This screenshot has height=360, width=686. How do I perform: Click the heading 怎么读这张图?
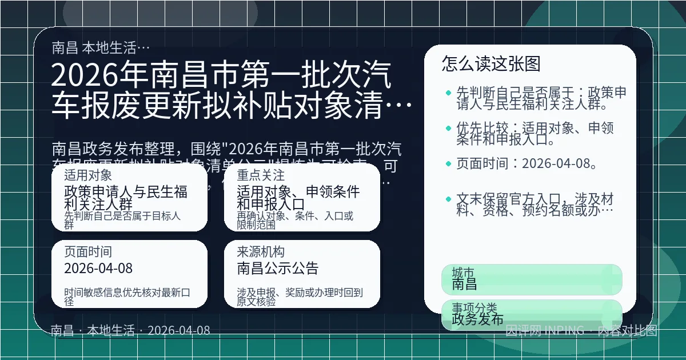(x=491, y=63)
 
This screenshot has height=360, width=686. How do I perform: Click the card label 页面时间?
(x=88, y=252)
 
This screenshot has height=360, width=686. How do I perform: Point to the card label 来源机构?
(x=261, y=252)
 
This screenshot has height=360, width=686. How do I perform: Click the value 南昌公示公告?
(x=278, y=268)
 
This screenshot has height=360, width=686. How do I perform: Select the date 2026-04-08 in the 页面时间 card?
(x=98, y=268)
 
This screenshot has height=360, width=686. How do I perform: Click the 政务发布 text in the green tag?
(x=477, y=319)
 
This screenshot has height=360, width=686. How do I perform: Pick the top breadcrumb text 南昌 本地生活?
(x=101, y=47)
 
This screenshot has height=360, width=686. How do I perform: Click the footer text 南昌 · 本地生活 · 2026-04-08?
(x=130, y=330)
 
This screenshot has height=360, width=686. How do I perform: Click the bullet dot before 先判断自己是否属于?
(x=448, y=93)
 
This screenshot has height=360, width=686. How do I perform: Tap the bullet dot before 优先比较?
(x=448, y=128)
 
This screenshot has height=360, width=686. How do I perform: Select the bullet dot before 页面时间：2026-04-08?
(x=448, y=165)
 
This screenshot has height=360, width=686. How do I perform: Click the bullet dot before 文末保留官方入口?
(x=448, y=199)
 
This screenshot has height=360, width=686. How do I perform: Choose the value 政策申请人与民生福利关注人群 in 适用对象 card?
(x=126, y=198)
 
